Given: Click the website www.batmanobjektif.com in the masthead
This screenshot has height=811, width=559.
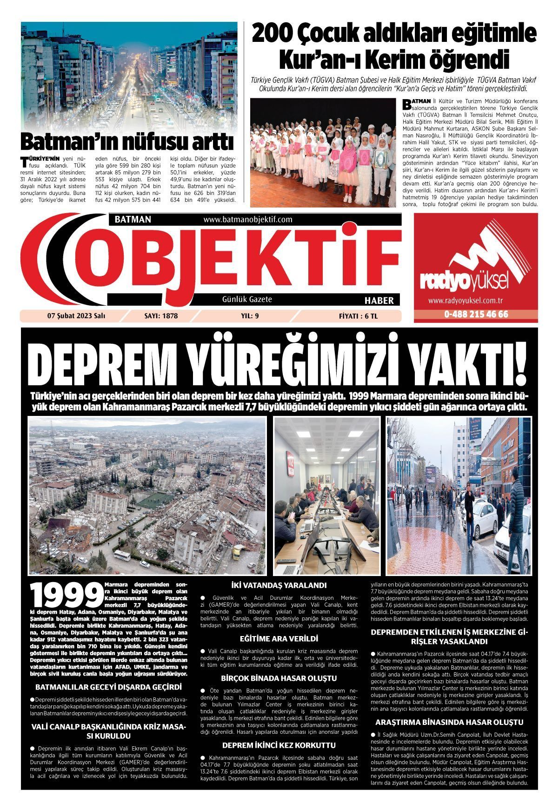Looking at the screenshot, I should tap(247, 219).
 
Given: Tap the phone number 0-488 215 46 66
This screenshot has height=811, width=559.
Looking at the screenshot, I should tap(476, 315).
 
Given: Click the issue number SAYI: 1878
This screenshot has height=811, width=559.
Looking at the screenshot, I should tap(161, 316).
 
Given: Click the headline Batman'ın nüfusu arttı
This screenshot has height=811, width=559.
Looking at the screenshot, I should tap(126, 141).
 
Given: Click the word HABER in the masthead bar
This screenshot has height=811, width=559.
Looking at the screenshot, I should tap(379, 301).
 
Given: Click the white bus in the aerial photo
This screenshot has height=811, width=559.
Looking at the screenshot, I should tap(122, 555).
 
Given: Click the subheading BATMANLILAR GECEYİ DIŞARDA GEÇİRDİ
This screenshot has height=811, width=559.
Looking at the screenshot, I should tap(108, 687).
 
